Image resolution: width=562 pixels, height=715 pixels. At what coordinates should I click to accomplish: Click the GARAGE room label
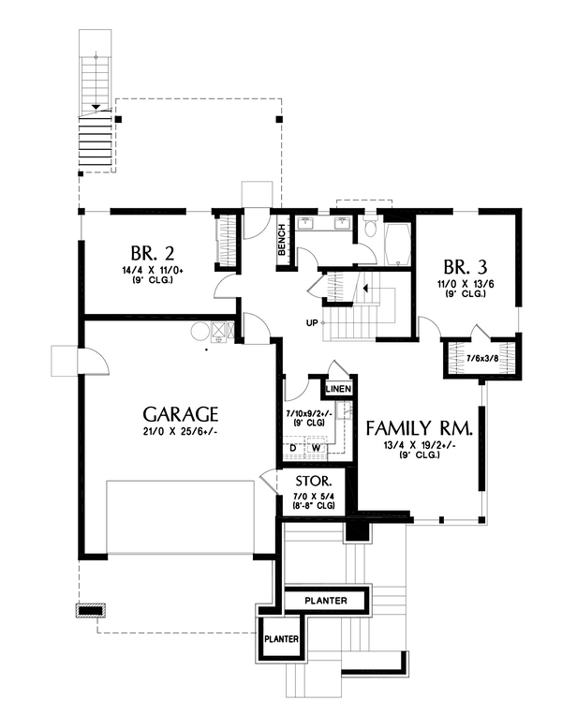click(181, 413)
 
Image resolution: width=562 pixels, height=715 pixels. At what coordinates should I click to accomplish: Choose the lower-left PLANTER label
click(281, 640)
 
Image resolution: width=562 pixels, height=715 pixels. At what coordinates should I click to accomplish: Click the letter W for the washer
click(316, 447)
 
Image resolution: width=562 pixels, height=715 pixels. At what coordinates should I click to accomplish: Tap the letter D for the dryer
click(292, 447)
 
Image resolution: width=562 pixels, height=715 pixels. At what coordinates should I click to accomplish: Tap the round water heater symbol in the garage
click(200, 330)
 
